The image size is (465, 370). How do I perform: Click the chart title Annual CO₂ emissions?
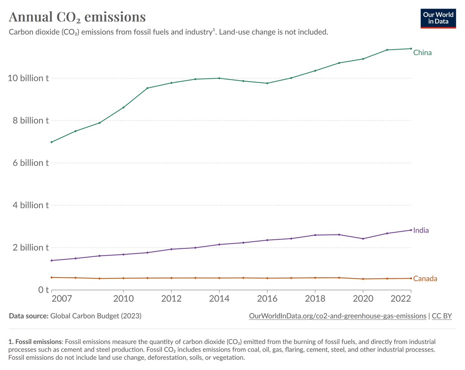[77, 17]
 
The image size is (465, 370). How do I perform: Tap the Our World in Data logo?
[439, 18]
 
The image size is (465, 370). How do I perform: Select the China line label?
[422, 52]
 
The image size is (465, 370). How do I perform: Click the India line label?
[421, 230]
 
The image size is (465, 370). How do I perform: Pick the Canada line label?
[425, 278]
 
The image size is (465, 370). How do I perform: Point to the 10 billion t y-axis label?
[29, 78]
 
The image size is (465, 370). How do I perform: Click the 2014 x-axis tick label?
[219, 299]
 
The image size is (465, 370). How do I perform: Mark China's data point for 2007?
[52, 142]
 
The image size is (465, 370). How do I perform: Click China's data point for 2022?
[411, 49]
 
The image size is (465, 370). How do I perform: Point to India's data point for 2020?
[363, 238]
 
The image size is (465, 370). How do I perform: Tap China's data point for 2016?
[267, 83]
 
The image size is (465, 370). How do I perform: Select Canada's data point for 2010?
[123, 278]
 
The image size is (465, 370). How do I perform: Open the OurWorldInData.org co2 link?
[337, 316]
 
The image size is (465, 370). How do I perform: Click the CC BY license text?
[442, 316]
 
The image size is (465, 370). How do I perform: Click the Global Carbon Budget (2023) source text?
[96, 316]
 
